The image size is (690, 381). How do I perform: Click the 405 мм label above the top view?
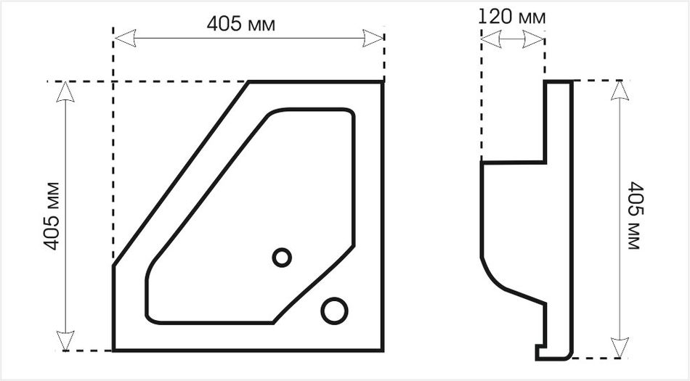240,24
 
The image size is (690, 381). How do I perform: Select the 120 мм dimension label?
511,17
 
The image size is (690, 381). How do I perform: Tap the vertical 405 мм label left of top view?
52,216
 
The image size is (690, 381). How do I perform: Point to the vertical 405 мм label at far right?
635,216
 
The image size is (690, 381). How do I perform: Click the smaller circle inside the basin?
282,257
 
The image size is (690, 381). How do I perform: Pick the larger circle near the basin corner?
334,311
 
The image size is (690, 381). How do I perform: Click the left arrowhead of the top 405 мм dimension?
125,38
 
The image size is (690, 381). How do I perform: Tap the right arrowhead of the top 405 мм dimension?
373,38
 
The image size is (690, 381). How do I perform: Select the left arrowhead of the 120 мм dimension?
491,39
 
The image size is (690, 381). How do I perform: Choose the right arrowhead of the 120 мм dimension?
534,39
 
